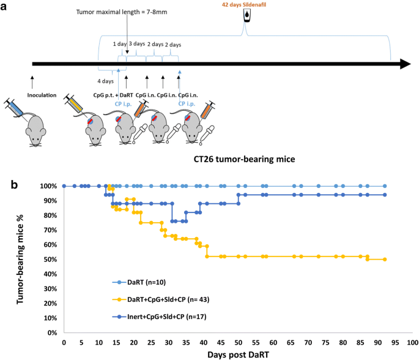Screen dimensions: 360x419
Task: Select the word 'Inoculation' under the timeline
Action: pyautogui.click(x=42, y=95)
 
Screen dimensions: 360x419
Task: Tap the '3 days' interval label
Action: pyautogui.click(x=137, y=44)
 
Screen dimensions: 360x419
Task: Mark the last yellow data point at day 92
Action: pyautogui.click(x=385, y=259)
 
